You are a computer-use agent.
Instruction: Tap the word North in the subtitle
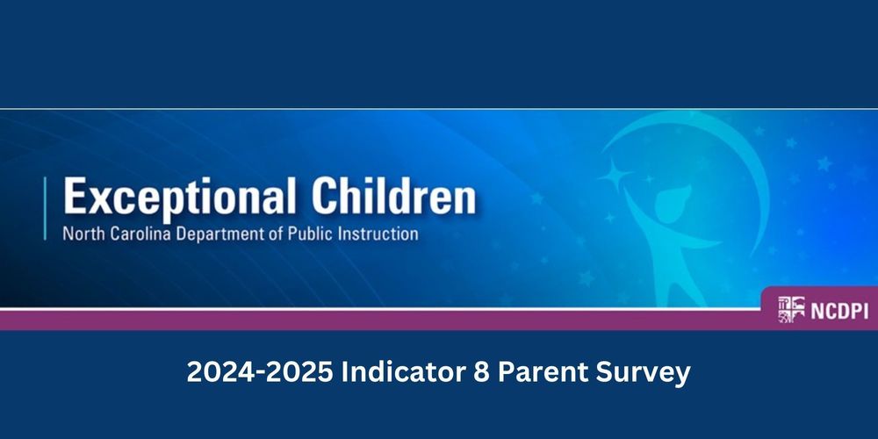81,234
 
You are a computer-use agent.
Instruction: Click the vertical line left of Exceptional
46,208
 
